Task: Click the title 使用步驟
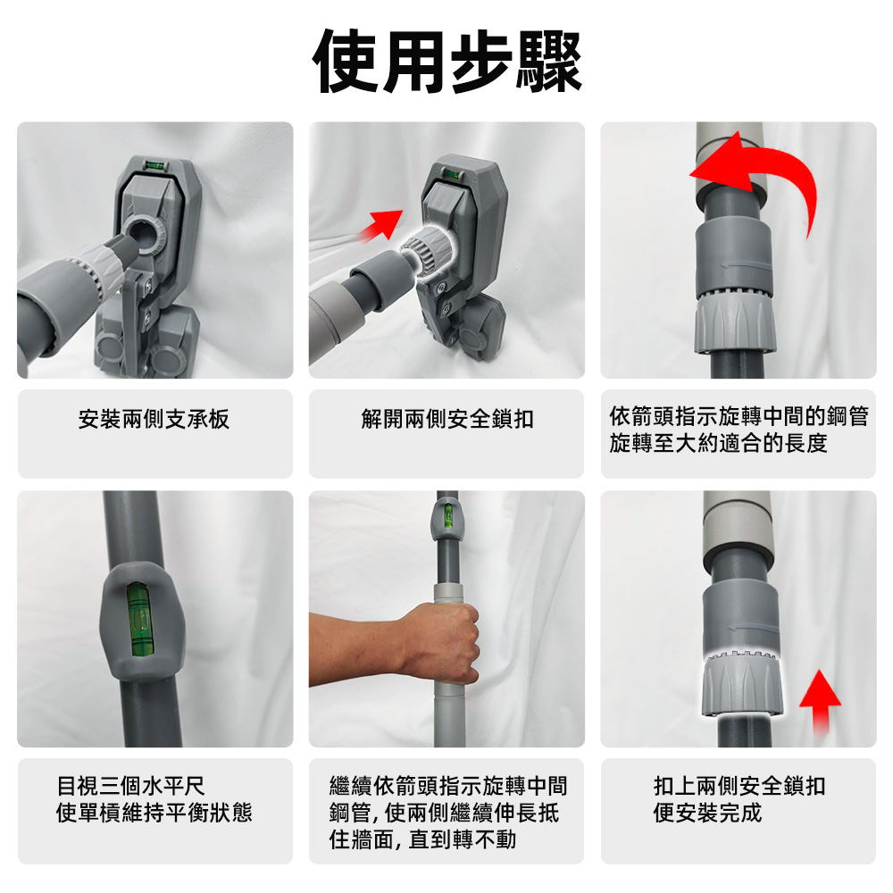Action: [446, 61]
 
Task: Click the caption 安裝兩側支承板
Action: [154, 419]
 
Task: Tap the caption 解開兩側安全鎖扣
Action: [447, 419]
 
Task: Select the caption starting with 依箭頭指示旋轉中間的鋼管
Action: [738, 430]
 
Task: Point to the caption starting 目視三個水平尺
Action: [154, 798]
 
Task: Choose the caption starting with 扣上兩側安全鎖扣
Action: [739, 798]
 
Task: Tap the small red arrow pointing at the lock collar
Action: [381, 223]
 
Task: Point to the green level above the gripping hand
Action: [447, 517]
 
